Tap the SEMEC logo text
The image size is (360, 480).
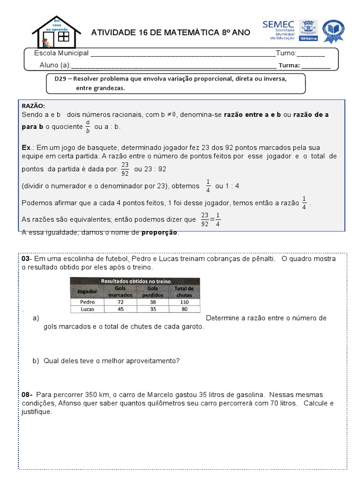click(279, 24)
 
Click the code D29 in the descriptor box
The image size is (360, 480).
click(60, 79)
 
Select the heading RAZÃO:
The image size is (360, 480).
click(33, 106)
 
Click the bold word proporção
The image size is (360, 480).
click(160, 232)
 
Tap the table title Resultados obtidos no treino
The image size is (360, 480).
click(135, 281)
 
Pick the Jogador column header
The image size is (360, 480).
click(87, 291)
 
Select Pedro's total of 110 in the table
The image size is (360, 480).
click(184, 302)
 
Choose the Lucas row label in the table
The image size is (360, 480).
click(87, 309)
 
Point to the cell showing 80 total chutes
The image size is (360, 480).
click(184, 309)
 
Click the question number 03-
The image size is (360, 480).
click(26, 259)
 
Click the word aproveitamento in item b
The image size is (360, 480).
click(152, 361)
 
